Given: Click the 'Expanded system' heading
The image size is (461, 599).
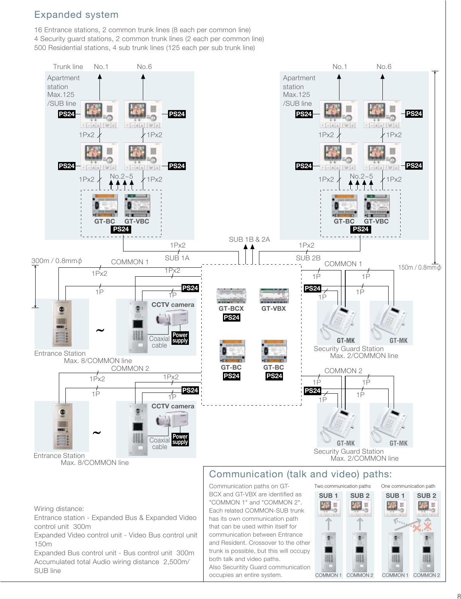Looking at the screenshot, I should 76,15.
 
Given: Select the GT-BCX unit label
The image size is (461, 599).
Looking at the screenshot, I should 231,309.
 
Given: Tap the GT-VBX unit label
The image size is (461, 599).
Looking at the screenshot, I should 273,309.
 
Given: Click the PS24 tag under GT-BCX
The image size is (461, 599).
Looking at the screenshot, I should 231,318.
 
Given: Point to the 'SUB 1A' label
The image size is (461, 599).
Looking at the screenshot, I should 177,258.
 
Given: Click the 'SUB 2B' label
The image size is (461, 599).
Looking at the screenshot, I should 308,258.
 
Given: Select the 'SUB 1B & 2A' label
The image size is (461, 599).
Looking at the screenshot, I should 249,239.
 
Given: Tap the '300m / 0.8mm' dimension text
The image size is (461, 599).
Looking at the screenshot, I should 57,261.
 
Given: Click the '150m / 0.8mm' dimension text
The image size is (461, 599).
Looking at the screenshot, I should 420,267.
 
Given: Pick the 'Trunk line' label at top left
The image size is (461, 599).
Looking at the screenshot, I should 68,67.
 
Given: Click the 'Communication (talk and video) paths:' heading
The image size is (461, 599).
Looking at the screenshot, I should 300,474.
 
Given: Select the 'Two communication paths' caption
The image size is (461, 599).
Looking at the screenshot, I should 342,486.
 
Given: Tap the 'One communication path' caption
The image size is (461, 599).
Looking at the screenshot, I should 408,486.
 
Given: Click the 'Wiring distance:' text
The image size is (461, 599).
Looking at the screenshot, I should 59,509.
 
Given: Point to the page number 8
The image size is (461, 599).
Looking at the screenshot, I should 459,596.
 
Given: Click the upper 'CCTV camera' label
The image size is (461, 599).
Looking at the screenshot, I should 173,305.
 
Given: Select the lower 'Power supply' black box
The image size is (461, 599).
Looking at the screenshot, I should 180,439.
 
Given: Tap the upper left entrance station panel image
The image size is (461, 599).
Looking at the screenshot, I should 62,324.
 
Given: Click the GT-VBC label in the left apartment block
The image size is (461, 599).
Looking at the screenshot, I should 137,222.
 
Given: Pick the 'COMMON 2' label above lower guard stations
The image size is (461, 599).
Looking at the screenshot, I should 343,371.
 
